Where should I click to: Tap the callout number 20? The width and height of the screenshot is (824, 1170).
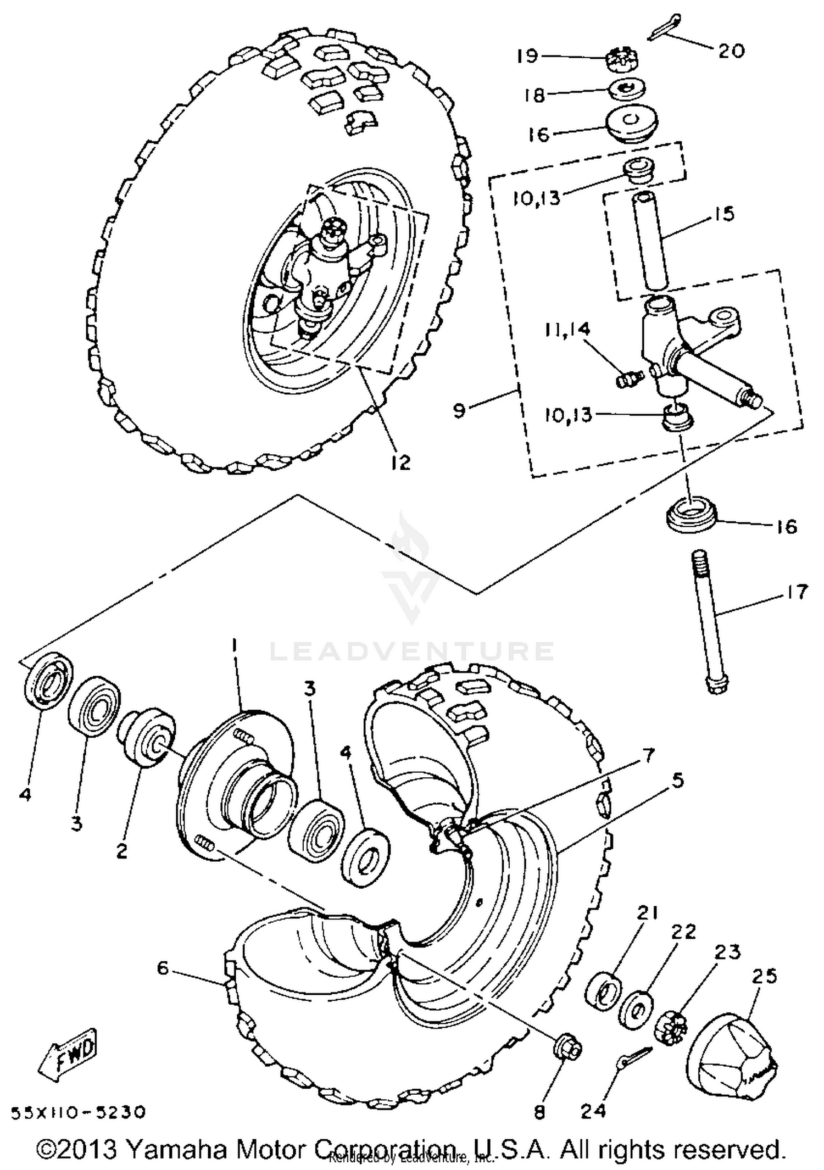[x=731, y=51]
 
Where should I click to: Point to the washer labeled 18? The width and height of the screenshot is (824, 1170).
[x=626, y=88]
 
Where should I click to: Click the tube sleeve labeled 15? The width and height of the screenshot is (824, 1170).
[x=652, y=239]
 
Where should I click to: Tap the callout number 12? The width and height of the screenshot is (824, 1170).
[x=401, y=463]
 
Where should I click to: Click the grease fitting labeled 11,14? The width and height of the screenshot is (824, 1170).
[x=626, y=378]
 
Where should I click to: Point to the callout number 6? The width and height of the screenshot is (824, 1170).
[x=163, y=968]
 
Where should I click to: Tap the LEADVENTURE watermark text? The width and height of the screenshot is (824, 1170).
[x=412, y=651]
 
